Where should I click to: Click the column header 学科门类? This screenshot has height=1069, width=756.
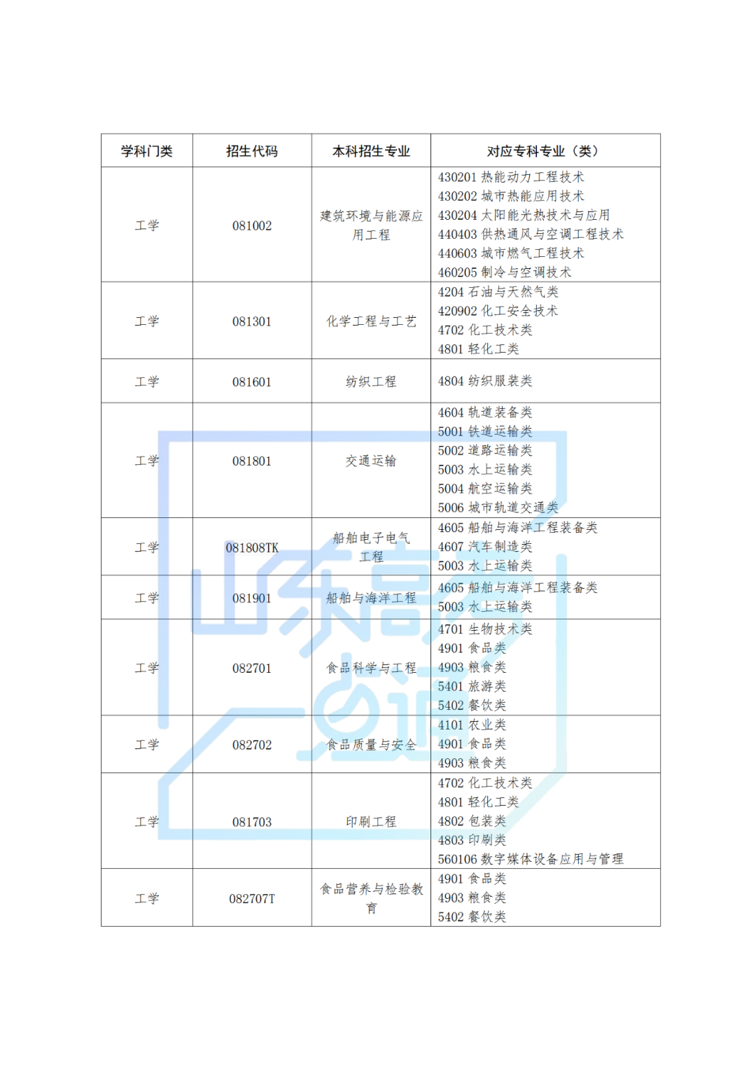(x=146, y=151)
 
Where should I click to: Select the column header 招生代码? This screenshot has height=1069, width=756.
(x=252, y=151)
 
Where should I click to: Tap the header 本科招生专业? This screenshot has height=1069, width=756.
(x=371, y=151)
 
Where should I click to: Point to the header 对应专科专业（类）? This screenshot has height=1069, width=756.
(x=543, y=151)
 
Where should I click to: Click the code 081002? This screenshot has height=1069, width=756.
(x=252, y=226)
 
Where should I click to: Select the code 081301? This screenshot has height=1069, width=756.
(x=252, y=322)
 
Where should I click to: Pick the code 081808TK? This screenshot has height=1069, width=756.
(x=252, y=548)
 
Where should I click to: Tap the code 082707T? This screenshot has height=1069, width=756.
(x=252, y=899)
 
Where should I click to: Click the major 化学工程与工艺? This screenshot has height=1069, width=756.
(x=371, y=322)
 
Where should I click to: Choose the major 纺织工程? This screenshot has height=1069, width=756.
(x=371, y=382)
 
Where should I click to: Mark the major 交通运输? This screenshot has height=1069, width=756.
(x=371, y=461)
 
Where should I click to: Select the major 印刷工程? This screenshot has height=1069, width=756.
(x=371, y=822)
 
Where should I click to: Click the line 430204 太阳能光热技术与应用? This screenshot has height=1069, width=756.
(x=524, y=216)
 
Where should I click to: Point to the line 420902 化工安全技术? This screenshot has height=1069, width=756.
(x=498, y=311)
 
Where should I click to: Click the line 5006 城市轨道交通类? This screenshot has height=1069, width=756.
(x=498, y=508)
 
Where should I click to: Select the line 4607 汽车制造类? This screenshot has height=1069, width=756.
(x=485, y=547)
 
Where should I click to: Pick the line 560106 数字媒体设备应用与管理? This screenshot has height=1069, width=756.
(x=531, y=859)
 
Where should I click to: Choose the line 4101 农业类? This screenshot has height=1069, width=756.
(x=472, y=725)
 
